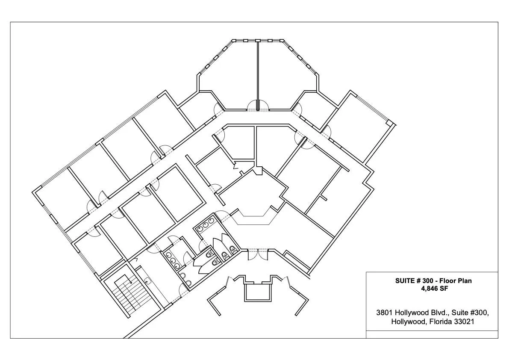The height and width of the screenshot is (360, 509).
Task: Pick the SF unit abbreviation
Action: (x=443, y=288)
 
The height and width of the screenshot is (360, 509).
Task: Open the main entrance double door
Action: (x=258, y=254)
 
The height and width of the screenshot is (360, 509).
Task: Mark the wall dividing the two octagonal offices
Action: (x=258, y=76)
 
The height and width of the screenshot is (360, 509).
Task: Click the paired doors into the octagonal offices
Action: (x=258, y=106)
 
